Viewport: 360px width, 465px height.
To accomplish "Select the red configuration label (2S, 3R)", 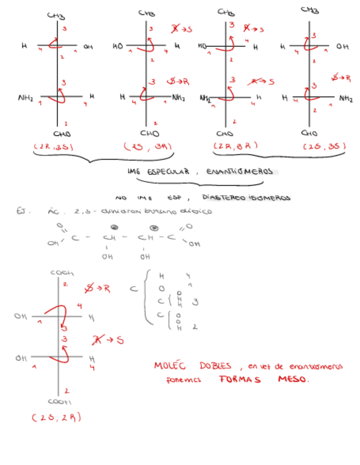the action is (148, 147).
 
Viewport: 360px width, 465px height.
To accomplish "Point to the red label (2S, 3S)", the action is (324, 147).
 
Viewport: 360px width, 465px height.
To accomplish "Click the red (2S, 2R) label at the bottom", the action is (57, 417).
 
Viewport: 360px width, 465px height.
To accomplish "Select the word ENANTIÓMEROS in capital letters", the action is (239, 172).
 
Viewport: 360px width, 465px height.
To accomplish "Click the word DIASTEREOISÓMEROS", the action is (246, 197).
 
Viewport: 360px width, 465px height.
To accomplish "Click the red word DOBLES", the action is (215, 366).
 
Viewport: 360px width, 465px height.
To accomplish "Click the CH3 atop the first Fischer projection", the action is (56, 16).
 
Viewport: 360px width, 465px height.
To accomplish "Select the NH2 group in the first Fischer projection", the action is (25, 99).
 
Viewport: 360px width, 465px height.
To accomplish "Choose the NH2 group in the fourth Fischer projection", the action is (346, 99).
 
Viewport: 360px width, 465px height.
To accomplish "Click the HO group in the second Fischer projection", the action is (117, 47).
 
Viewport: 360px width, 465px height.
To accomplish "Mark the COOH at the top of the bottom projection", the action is (62, 273).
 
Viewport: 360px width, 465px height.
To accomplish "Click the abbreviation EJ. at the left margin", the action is (22, 211).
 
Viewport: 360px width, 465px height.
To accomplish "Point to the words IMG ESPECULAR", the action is (158, 172).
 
